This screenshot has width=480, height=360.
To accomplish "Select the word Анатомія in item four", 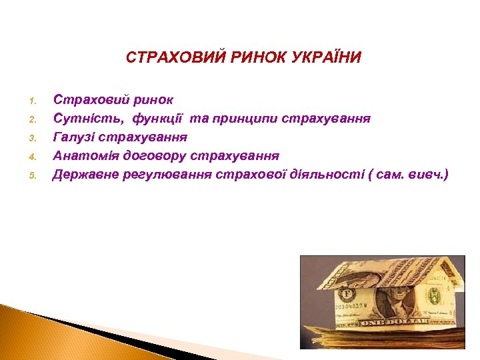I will [83, 156].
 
